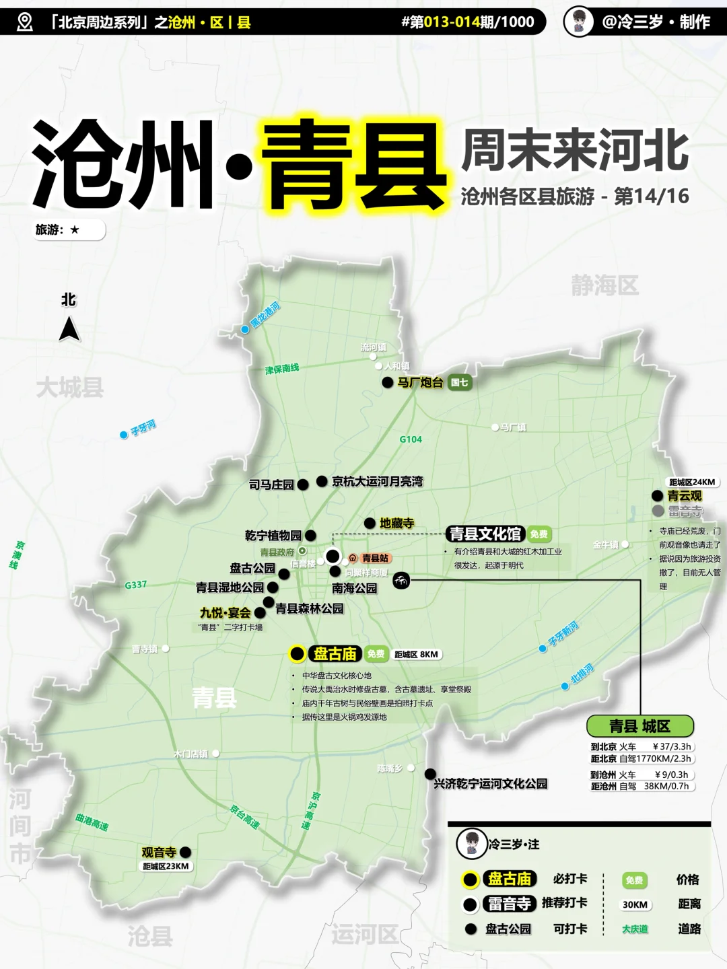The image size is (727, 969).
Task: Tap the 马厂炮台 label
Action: coord(420,382)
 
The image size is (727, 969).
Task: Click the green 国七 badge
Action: coord(460,382)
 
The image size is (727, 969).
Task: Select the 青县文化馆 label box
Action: coord(485,534)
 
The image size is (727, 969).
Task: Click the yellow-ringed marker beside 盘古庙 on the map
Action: coord(297,653)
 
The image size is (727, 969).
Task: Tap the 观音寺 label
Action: coord(159,852)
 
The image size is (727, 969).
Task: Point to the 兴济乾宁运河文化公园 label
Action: coord(491,783)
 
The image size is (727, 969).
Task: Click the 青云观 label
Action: coord(685,495)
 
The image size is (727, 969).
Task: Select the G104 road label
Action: coord(411,439)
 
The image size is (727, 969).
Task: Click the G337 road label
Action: coord(135,585)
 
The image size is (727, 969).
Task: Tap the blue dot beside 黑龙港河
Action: coord(245,329)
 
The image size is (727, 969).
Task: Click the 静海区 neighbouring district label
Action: coord(604,285)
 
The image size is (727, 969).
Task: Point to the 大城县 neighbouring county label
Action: coord(70,387)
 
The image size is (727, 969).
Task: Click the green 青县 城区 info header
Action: coord(639,726)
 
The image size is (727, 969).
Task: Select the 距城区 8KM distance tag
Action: coord(416,654)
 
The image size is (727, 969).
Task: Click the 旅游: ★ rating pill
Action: coord(69,230)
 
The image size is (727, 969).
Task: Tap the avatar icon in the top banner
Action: coord(578,22)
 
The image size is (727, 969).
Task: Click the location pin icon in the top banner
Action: coord(25,22)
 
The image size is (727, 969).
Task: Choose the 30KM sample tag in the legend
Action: coord(635,904)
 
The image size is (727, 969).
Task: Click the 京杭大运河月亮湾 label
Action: coord(378,481)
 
